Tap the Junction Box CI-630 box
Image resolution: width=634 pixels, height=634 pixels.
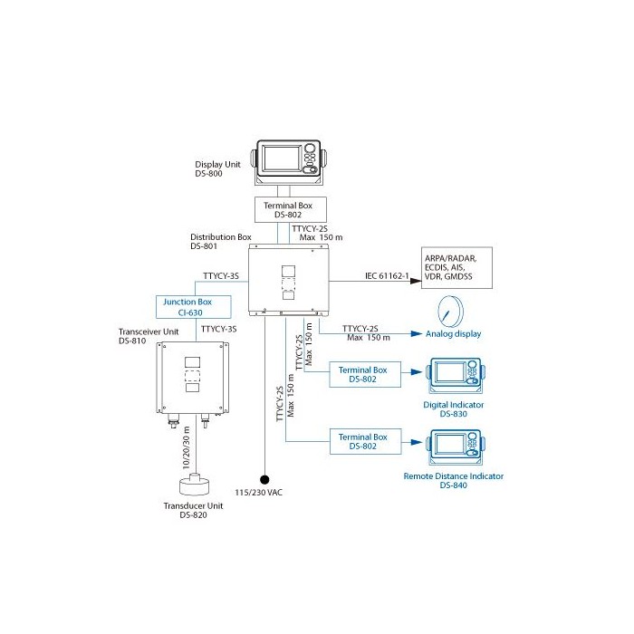coord(191,306)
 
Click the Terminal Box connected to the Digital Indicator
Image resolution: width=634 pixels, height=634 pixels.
coord(361,374)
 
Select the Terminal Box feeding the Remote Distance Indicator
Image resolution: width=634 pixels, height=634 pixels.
coord(361,441)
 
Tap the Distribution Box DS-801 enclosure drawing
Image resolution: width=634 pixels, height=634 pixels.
coord(290,279)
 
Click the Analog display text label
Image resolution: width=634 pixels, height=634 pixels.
coord(454,334)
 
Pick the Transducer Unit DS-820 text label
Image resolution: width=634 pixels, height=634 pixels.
coord(194,511)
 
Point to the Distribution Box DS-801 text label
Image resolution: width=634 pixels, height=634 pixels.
coord(221,241)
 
